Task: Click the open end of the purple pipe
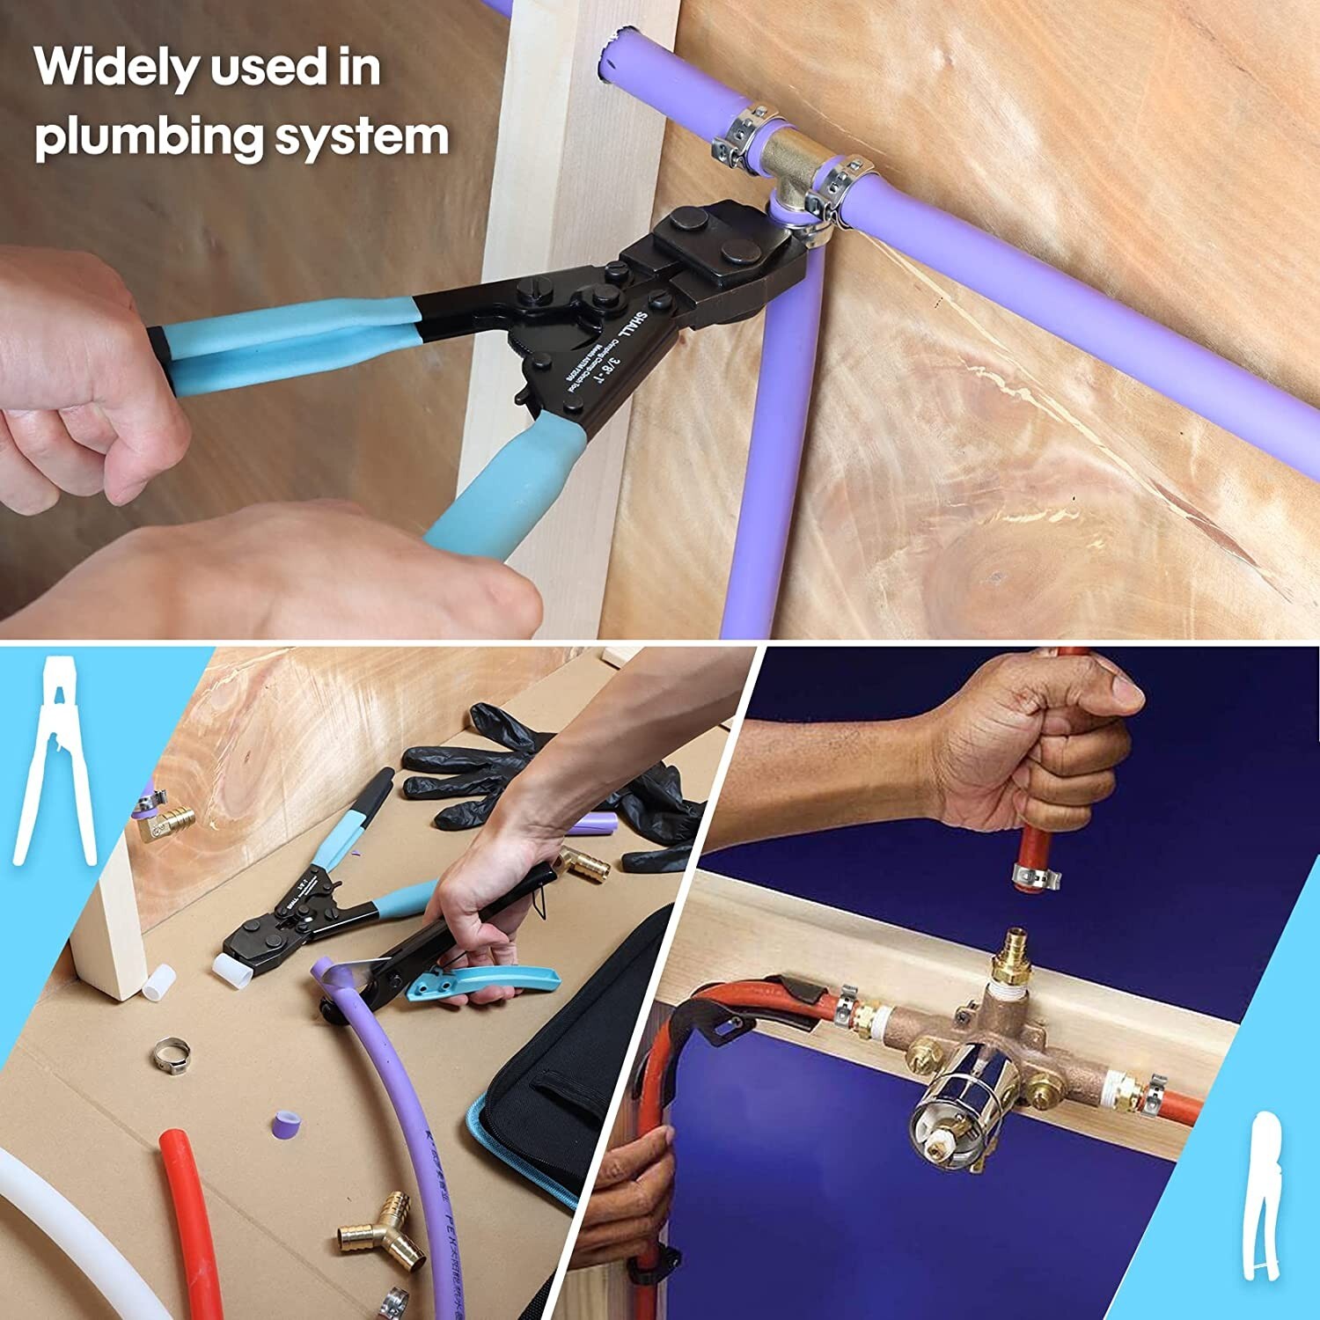[609, 55]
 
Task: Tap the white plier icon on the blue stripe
[55, 761]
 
